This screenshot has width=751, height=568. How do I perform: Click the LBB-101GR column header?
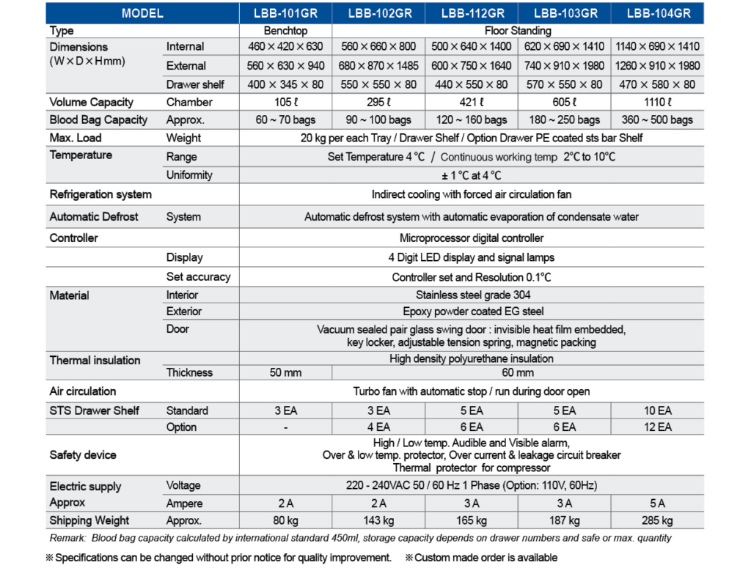point(285,13)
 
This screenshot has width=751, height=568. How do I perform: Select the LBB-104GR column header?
point(659,13)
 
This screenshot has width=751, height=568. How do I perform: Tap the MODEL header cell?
point(142,13)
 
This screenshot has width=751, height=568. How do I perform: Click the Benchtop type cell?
point(285,31)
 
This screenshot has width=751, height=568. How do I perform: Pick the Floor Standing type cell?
point(518,31)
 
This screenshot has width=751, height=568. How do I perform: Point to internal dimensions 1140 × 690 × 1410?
point(658,46)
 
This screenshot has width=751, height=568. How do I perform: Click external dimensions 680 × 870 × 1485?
point(378,65)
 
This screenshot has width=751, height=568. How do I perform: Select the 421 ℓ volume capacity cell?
point(472,102)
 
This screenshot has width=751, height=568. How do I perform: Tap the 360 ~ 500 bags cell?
point(658,120)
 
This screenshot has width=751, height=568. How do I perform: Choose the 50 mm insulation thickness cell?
point(285,372)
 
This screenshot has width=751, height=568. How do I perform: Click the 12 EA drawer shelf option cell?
point(658,427)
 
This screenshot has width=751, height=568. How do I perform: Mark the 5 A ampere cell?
point(658,504)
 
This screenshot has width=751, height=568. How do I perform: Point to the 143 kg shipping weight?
point(378,520)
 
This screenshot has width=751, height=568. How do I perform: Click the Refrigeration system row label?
point(100,194)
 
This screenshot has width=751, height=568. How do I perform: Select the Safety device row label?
point(83,454)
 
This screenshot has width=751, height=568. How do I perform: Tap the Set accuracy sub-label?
point(198,276)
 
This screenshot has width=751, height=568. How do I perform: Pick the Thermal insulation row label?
point(95,361)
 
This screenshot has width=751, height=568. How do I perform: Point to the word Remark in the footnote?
point(67,538)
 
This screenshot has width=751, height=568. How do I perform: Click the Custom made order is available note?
point(481,558)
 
